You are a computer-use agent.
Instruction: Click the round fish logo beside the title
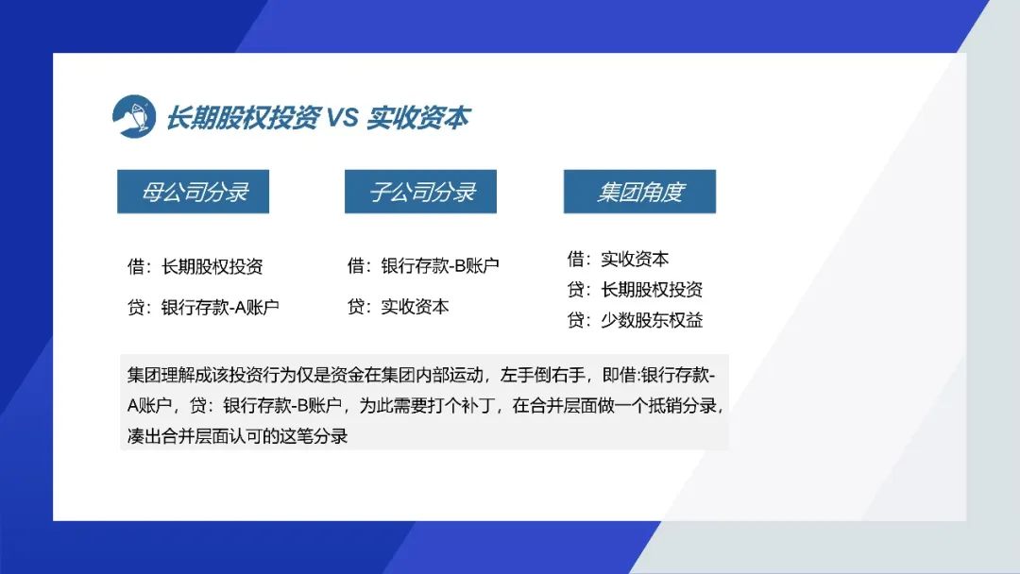[x=134, y=116]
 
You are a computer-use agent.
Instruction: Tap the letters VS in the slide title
[x=342, y=118]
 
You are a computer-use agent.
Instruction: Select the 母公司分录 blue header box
[x=194, y=191]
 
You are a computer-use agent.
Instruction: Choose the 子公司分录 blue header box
[x=420, y=191]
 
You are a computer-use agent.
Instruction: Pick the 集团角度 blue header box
[x=639, y=191]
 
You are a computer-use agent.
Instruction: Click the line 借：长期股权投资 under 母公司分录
[x=195, y=266]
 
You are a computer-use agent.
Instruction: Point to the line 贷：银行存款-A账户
[x=203, y=307]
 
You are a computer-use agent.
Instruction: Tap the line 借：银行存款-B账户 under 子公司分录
[x=423, y=265]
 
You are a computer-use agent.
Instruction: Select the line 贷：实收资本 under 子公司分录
[x=399, y=307]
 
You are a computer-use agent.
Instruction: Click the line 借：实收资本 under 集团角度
[x=618, y=259]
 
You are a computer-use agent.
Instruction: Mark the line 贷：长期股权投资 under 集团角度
[x=635, y=289]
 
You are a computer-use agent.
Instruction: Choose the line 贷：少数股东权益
[x=635, y=320]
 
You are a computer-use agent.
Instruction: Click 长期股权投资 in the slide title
[x=242, y=118]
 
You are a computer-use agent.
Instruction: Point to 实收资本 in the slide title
[x=417, y=118]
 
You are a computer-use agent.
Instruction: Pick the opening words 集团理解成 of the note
[x=169, y=375]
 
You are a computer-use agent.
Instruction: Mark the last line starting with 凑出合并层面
[x=237, y=436]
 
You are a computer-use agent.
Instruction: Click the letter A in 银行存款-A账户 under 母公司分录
[x=239, y=308]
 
